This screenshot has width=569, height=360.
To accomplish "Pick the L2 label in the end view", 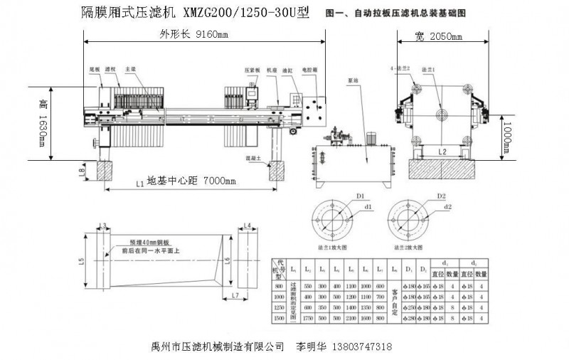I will (x=442, y=152).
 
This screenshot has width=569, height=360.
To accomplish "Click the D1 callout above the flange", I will (x=360, y=195).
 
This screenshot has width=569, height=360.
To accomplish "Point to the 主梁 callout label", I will (x=130, y=70).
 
